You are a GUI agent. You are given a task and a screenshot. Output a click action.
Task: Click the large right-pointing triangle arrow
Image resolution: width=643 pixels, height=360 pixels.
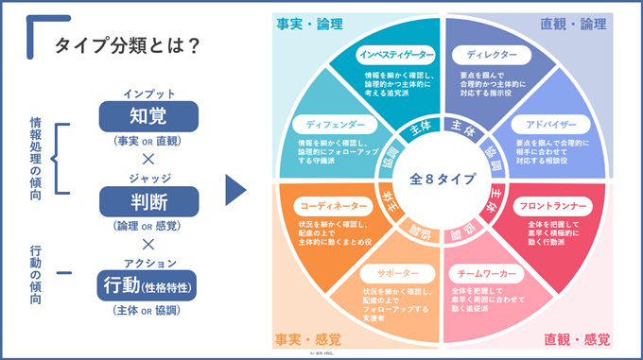coord(236,188)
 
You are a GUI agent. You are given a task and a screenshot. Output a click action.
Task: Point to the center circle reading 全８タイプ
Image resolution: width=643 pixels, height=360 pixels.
coord(443,180)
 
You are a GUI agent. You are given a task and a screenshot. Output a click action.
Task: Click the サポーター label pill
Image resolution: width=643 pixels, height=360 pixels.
coord(396,270)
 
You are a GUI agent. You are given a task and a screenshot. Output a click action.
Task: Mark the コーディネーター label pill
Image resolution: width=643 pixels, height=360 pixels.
coord(332,204)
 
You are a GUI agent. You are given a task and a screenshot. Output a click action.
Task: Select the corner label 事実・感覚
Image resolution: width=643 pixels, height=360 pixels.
coord(308,339)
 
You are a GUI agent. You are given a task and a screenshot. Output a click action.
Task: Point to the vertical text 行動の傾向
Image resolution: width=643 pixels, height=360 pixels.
coord(35,274)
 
